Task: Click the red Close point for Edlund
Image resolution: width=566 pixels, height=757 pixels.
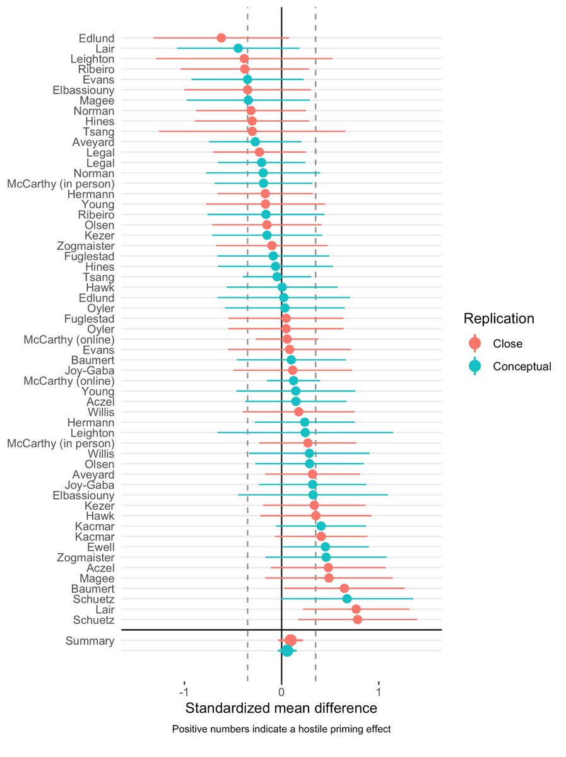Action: point(221,38)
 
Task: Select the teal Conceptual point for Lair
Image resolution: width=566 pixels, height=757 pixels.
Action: point(238,49)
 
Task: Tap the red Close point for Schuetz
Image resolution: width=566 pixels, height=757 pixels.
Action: point(358,619)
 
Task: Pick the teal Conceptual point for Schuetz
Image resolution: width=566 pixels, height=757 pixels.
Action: point(347,599)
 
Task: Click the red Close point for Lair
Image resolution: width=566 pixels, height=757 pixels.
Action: point(356,609)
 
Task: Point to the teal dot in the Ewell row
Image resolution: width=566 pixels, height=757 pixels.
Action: point(326,547)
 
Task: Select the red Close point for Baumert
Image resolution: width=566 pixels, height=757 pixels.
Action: point(344,589)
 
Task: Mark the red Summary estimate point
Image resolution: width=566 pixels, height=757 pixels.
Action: point(291,640)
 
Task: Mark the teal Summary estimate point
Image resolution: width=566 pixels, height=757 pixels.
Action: point(287,650)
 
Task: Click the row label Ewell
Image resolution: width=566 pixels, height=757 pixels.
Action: point(101,547)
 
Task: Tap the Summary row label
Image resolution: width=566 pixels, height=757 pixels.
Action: point(90,642)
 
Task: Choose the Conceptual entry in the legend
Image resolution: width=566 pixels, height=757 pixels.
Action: point(522,367)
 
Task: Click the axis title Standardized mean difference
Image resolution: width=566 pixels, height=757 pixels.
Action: point(281,707)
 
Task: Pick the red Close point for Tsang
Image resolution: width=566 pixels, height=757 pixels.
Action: point(252,131)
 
